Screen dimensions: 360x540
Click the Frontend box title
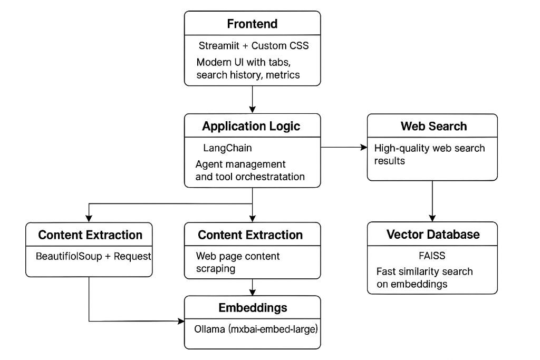(252, 24)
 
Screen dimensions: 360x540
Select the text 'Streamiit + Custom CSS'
(254, 46)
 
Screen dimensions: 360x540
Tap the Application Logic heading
(252, 126)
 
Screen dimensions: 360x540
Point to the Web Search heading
(433, 126)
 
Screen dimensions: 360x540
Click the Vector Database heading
(433, 234)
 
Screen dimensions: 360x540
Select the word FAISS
(432, 256)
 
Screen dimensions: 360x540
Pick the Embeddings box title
(252, 308)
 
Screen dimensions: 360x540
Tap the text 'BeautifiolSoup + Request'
(93, 256)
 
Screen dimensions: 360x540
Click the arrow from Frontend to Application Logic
(253, 99)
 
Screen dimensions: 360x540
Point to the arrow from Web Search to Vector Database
(433, 200)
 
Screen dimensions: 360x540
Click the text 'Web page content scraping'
(238, 262)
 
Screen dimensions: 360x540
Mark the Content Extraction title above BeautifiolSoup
(90, 235)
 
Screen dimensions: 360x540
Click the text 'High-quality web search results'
(429, 154)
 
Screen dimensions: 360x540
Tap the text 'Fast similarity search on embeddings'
(424, 278)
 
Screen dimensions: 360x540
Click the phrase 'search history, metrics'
(248, 75)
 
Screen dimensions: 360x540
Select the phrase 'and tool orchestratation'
(250, 177)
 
